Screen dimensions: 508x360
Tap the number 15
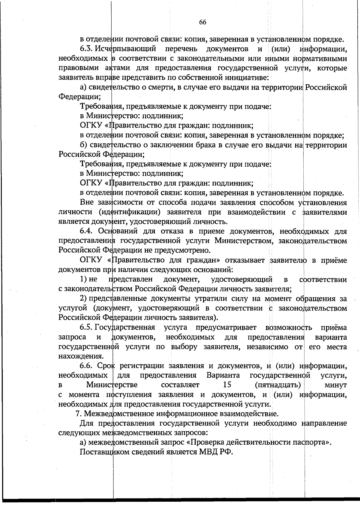[x=225, y=385]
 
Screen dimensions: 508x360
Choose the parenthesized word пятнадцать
[x=278, y=385]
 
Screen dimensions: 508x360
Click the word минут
[x=335, y=385]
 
